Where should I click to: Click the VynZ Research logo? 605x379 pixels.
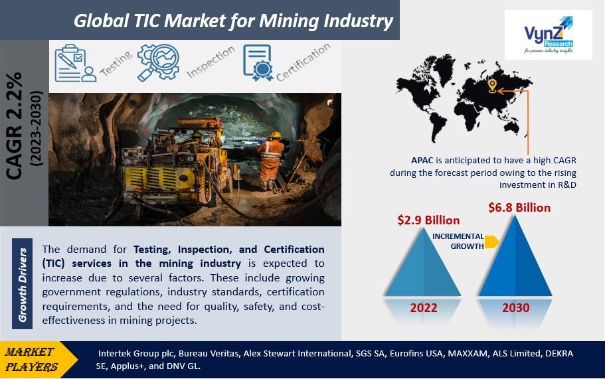click(549, 35)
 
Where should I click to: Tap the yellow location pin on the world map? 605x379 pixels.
click(492, 86)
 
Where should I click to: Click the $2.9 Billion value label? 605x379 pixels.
click(428, 220)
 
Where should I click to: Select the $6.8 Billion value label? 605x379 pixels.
click(519, 208)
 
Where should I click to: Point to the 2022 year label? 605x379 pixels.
click(424, 308)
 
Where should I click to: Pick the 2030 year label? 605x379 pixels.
click(516, 308)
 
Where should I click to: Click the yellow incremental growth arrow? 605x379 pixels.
click(492, 242)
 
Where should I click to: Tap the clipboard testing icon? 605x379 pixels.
click(75, 63)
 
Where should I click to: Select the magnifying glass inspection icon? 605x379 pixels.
click(158, 62)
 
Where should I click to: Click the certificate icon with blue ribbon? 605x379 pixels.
click(258, 62)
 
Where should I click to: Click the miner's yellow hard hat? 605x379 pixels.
click(275, 135)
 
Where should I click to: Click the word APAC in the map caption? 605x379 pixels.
click(422, 161)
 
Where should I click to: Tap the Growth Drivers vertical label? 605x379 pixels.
click(23, 284)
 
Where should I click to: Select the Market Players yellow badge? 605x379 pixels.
click(37, 359)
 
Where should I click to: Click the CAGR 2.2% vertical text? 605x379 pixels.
click(15, 126)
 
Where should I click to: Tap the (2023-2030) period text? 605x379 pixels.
click(37, 128)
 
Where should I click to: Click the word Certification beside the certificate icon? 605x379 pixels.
click(303, 62)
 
